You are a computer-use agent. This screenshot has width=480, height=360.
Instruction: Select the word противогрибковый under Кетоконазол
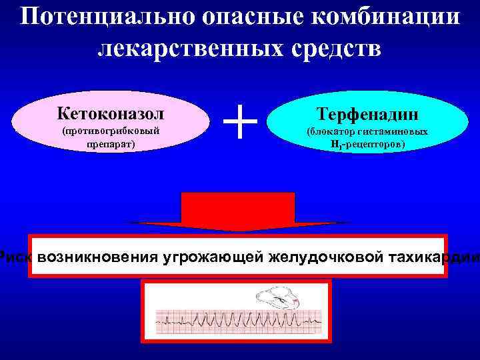click(x=111, y=131)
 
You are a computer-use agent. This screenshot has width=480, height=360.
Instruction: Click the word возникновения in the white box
click(x=98, y=257)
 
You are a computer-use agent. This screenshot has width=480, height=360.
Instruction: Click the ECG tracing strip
click(x=237, y=323)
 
